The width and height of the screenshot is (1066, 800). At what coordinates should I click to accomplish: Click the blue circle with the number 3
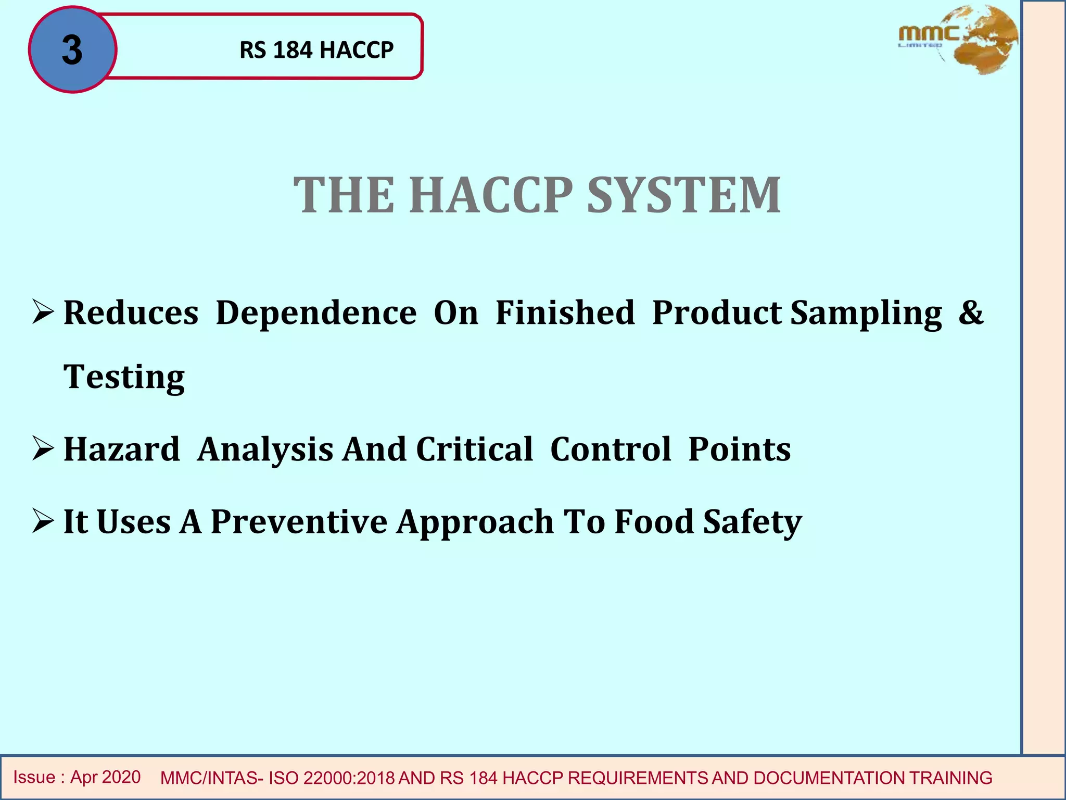pos(72,49)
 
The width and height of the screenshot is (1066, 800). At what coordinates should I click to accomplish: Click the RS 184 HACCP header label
pos(316,50)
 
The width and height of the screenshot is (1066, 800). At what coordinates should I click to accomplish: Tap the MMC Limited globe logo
pos(958,40)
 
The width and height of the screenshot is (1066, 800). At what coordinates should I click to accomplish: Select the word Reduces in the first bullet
pos(131,313)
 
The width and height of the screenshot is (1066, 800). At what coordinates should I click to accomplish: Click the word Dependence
pos(316,313)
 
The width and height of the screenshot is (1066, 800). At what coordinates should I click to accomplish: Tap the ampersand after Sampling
pos(971,313)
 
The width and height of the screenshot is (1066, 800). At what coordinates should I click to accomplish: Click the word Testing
pos(124,377)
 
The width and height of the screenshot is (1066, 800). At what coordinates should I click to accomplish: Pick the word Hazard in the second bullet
pos(121,449)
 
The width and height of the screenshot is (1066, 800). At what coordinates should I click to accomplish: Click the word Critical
pos(474,449)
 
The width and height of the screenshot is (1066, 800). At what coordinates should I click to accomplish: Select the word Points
pos(739,449)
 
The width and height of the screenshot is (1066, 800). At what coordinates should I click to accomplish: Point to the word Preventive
pos(299,521)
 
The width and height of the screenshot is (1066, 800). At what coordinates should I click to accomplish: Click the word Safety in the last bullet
pos(752,521)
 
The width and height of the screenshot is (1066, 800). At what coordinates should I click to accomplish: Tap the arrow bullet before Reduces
pos(43,312)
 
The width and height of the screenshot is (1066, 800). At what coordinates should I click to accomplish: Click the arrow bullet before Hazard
pos(43,448)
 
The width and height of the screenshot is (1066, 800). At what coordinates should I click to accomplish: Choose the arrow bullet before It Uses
pos(43,521)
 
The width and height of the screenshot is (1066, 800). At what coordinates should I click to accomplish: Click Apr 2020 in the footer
pos(105,777)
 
